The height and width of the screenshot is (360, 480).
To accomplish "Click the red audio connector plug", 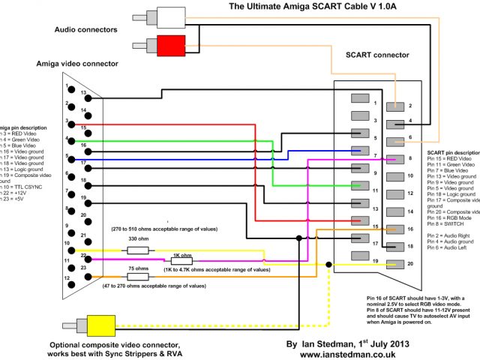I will click(x=170, y=46).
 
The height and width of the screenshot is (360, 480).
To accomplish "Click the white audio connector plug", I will click(x=170, y=18).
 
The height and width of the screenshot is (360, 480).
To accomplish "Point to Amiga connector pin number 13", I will click(x=84, y=93).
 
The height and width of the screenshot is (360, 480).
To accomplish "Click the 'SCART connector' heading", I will click(x=376, y=55).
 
